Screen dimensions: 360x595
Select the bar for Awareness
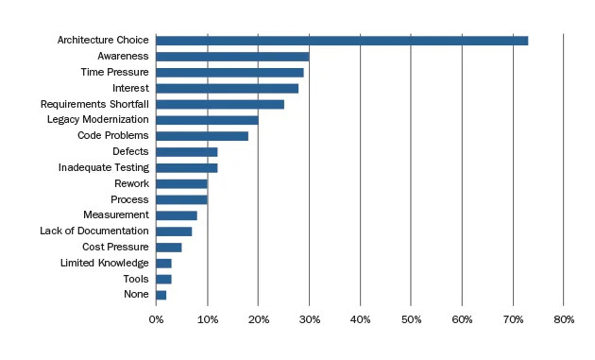click(x=232, y=57)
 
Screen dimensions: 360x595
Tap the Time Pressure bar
click(x=229, y=73)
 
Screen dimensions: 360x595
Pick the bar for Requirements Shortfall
click(x=220, y=104)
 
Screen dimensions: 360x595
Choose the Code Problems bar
click(x=202, y=136)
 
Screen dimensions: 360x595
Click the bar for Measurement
click(x=177, y=215)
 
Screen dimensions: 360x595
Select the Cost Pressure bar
click(x=169, y=248)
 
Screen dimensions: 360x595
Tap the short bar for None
click(x=161, y=295)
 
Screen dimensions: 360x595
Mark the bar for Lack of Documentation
click(x=174, y=231)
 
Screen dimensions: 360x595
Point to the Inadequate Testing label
click(x=103, y=167)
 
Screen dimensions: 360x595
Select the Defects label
click(x=130, y=151)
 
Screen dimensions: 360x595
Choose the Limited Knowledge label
click(x=104, y=263)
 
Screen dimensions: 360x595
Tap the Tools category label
click(x=135, y=279)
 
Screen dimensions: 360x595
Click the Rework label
click(x=131, y=183)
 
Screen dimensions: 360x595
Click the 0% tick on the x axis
click(x=157, y=320)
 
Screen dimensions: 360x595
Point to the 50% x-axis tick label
click(x=411, y=320)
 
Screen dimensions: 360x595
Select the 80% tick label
click(x=563, y=320)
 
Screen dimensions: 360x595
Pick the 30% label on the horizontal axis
click(x=309, y=320)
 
